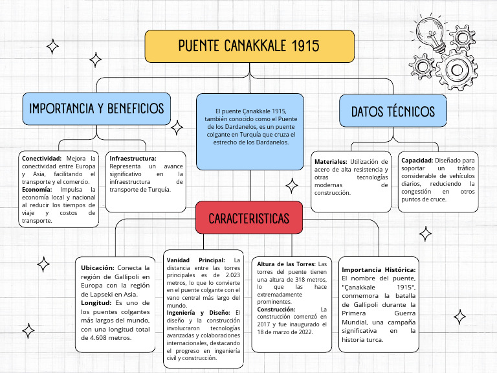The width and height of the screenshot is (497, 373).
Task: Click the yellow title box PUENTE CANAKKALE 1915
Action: click(249, 46)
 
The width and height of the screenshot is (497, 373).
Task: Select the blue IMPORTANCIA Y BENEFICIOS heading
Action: click(96, 108)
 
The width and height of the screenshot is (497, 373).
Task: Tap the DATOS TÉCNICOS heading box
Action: click(393, 111)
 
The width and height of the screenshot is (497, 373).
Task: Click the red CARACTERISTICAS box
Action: click(249, 218)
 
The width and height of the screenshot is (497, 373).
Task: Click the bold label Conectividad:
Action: click(41, 159)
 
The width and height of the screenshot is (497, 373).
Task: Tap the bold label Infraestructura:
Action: click(133, 159)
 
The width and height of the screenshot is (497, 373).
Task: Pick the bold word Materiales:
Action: click(331, 161)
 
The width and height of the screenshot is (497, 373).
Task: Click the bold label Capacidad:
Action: click(416, 160)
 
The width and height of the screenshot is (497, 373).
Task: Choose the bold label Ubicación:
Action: click(98, 267)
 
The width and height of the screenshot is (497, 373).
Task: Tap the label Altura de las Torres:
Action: click(286, 264)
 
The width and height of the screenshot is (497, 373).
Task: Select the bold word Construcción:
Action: click(276, 310)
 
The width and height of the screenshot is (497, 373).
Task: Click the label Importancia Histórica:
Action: click(379, 269)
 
